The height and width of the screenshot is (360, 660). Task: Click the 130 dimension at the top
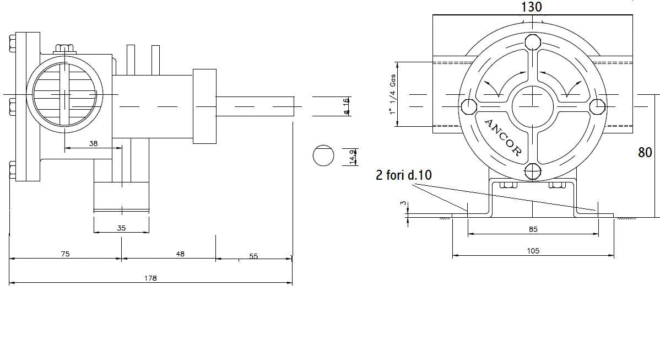[532, 7]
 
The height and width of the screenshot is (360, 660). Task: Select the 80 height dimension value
[645, 152]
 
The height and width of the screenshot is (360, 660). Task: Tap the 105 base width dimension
[533, 251]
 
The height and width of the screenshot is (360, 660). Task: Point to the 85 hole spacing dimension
[533, 229]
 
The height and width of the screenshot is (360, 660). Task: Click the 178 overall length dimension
[150, 278]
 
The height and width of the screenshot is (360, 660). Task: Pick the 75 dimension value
[65, 254]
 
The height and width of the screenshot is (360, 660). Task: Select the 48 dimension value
[180, 254]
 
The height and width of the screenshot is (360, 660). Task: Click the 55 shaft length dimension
[253, 256]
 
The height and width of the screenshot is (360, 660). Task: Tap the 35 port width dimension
[122, 228]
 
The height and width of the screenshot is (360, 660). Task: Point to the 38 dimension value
[93, 143]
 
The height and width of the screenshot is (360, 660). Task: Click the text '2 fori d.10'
[404, 175]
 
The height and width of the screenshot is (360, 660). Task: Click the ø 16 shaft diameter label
[346, 106]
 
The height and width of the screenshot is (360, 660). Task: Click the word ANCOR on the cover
[502, 137]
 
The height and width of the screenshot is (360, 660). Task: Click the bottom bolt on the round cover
[533, 171]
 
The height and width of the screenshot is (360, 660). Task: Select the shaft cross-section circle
[323, 156]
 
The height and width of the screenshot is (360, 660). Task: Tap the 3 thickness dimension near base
[403, 203]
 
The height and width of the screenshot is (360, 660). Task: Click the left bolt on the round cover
[469, 106]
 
